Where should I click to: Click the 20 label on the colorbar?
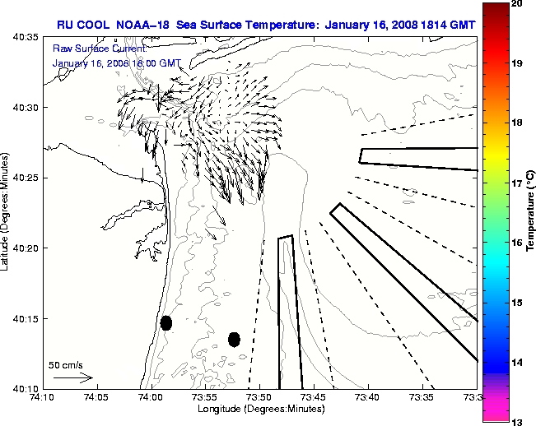click(x=515, y=5)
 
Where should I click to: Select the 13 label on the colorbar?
click(x=515, y=421)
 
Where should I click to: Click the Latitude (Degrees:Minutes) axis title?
click(x=7, y=211)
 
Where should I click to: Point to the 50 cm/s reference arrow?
click(x=73, y=378)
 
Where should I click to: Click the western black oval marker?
click(x=166, y=322)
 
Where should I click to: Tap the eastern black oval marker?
click(x=234, y=339)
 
